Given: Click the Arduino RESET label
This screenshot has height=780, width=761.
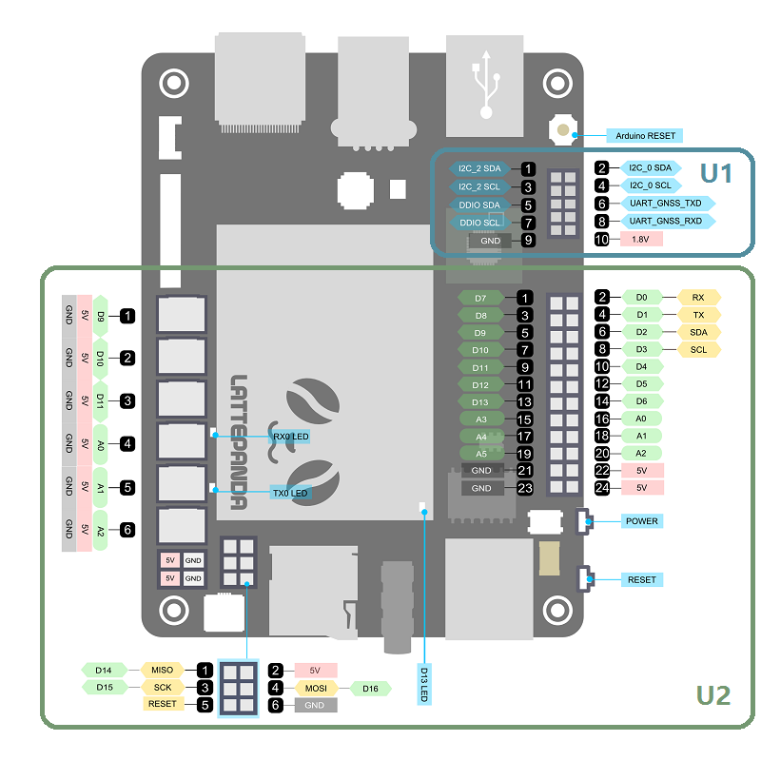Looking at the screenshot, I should tap(645, 136).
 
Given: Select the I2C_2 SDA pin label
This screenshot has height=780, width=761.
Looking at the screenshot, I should tap(478, 168).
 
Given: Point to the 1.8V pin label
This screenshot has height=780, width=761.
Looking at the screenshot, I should tap(640, 239).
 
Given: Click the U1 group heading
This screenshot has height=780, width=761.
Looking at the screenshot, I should tap(715, 173).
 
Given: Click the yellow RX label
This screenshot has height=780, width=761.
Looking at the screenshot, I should tap(698, 298).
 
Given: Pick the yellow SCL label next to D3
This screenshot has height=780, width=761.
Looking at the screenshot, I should tap(698, 349).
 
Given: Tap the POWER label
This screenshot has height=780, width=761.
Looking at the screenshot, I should tap(641, 521).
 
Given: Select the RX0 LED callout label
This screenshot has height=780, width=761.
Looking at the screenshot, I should tap(290, 437).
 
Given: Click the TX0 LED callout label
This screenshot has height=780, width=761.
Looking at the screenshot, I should tap(290, 493).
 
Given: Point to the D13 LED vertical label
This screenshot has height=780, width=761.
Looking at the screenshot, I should tap(424, 684).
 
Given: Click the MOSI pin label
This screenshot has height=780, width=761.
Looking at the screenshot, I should tap(316, 688).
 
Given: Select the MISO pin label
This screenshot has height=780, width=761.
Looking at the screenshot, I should tap(162, 670).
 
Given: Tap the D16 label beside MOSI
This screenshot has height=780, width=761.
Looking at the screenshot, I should tap(370, 688).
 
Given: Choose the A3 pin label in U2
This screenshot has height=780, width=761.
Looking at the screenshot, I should tap(480, 419).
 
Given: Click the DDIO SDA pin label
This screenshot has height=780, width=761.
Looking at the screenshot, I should tap(478, 205).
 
